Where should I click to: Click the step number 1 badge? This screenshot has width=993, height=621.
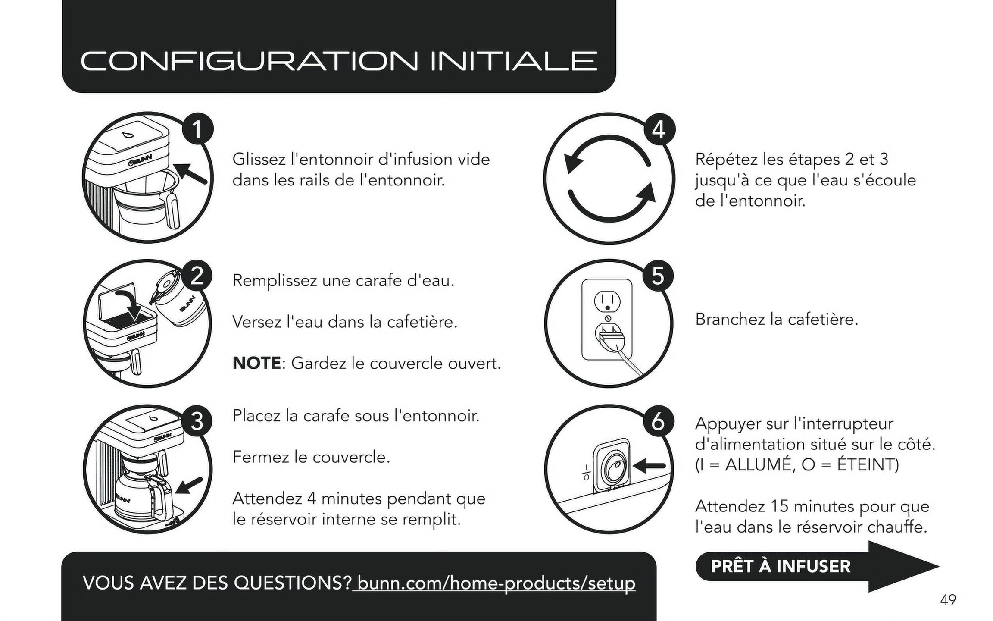[x=197, y=129]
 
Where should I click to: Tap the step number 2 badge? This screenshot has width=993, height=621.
[x=197, y=275]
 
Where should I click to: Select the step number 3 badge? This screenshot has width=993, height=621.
[x=197, y=420]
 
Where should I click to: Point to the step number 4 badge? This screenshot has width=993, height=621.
[x=658, y=129]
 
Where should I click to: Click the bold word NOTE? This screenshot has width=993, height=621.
[x=257, y=363]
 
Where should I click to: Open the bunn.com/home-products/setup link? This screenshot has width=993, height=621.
[x=496, y=583]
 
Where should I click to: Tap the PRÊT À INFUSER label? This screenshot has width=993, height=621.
[x=781, y=566]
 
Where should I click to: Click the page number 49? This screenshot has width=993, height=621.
[x=948, y=600]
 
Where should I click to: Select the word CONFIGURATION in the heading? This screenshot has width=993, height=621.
[x=249, y=61]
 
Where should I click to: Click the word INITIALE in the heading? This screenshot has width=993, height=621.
[x=514, y=61]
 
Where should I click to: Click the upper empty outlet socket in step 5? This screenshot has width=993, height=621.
[x=607, y=301]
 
